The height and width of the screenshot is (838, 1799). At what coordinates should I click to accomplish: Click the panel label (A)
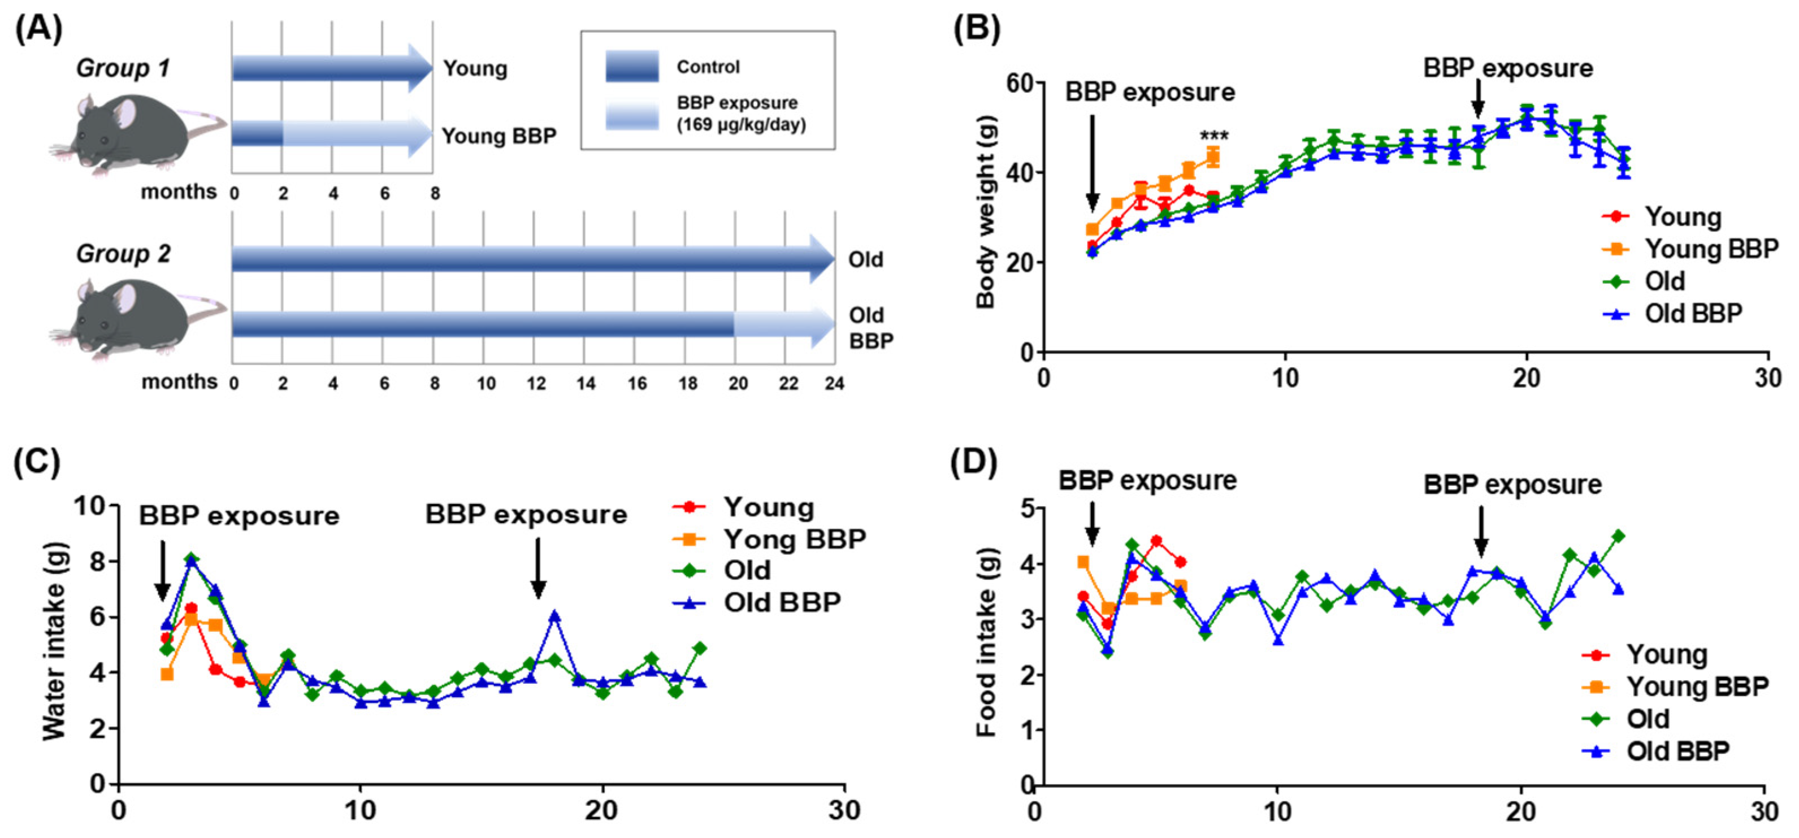point(38,29)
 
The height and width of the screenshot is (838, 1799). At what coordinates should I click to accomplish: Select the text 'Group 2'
point(123,254)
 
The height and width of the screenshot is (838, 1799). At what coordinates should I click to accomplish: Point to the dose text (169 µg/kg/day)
point(741,125)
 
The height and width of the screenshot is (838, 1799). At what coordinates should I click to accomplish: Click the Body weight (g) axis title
point(985,211)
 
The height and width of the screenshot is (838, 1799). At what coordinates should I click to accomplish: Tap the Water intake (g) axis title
point(54,640)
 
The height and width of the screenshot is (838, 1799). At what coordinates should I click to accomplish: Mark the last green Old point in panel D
point(1618,536)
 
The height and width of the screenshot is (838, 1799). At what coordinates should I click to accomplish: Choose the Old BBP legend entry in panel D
point(1677,751)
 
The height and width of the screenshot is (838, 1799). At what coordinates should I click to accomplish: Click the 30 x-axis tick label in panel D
point(1763,812)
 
